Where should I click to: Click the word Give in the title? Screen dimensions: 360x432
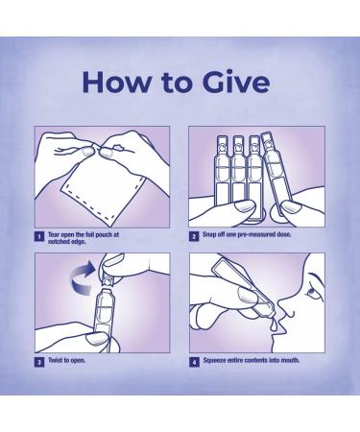tap(236, 82)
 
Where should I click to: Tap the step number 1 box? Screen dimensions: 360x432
tap(39, 237)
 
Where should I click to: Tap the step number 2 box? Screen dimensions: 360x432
tap(194, 237)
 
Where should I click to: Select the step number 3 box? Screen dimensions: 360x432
tap(39, 363)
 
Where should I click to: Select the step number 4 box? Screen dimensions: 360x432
tap(194, 363)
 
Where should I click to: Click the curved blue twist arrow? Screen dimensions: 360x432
tap(83, 277)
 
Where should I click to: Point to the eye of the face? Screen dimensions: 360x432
tap(311, 292)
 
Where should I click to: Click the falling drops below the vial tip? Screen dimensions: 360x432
tap(272, 324)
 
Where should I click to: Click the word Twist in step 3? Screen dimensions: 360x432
tap(55, 360)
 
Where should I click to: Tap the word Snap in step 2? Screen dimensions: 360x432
tap(209, 234)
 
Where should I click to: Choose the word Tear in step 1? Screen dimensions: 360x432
tap(54, 234)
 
